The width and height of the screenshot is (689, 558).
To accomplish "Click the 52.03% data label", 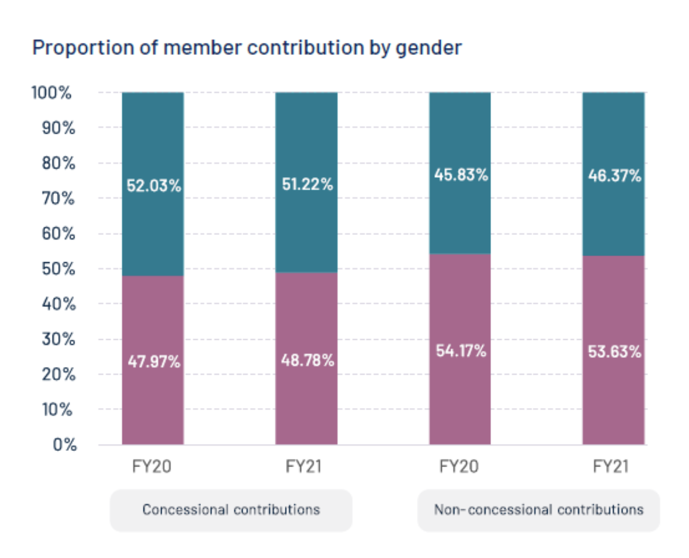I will tap(153, 186).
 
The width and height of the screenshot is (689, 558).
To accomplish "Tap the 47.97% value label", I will tap(153, 362).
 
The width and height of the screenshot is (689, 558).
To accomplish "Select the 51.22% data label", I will tap(306, 185).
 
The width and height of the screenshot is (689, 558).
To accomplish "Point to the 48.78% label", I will tap(306, 360).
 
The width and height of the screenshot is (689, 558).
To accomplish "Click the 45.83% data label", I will tap(460, 174).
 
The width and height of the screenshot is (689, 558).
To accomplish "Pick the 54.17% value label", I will tap(460, 350).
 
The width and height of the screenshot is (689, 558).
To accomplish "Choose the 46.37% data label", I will tap(614, 175).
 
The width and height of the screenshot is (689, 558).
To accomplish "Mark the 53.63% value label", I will tap(614, 351).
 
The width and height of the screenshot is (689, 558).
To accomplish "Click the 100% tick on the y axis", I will tap(52, 93).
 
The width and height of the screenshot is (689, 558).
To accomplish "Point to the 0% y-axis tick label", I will tap(61, 445).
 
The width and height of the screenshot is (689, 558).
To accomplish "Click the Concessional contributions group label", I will tap(231, 510).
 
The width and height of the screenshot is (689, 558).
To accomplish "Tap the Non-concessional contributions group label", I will tap(538, 510).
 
